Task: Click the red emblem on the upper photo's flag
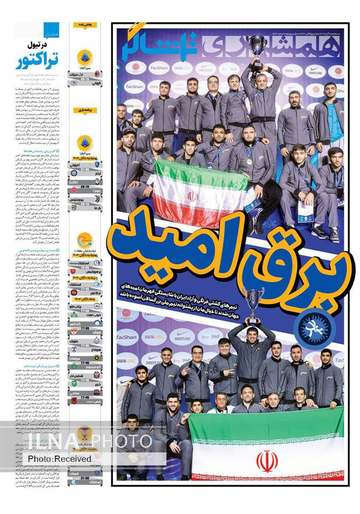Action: [x=193, y=197]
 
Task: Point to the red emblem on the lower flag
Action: [x=266, y=460]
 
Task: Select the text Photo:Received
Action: [x=59, y=459]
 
